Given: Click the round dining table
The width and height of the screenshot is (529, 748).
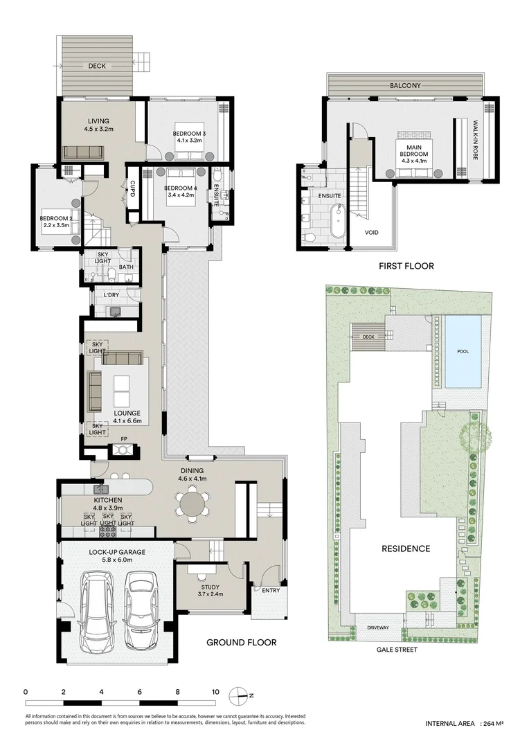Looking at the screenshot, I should pos(191,503).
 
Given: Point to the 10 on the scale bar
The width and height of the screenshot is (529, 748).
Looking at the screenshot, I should pos(215,692).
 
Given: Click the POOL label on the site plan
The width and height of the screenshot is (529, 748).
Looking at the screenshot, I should pos(463,351).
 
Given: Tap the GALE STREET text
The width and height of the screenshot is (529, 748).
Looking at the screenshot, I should pos(397,650).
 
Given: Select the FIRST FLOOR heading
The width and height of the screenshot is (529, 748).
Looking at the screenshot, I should pos(406,266).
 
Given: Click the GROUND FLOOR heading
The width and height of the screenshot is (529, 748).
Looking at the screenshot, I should pos(242,643).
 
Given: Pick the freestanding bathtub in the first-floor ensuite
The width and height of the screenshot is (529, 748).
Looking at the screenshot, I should pos(337,221).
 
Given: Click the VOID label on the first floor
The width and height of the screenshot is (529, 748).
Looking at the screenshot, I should pos(372,232).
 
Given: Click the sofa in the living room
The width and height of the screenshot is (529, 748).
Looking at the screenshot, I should pos(82,152).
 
